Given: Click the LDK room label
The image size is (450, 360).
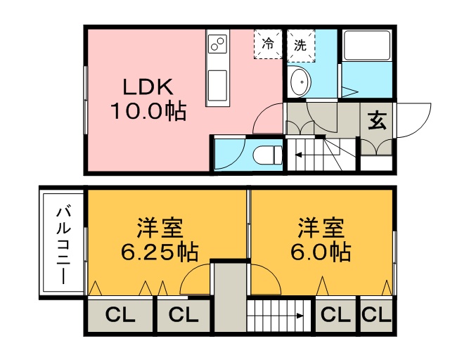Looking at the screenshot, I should tap(148, 86).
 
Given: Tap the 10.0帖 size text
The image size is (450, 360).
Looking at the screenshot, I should tap(148, 110).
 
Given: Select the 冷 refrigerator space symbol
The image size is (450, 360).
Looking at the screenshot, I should tap(268, 44).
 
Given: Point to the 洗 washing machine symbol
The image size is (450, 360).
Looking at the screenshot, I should tap(300, 44).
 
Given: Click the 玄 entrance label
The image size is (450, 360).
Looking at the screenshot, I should tap(377, 120).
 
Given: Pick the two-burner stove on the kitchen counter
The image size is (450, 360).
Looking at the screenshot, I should tap(217, 46).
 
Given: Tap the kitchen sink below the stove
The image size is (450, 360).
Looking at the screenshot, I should tap(217, 84).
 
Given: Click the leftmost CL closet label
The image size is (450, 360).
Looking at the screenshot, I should tap(120, 316).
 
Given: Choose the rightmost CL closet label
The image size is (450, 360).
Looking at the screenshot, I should tap(376, 316).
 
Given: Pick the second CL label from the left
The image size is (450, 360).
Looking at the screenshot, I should tap(183, 316).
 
